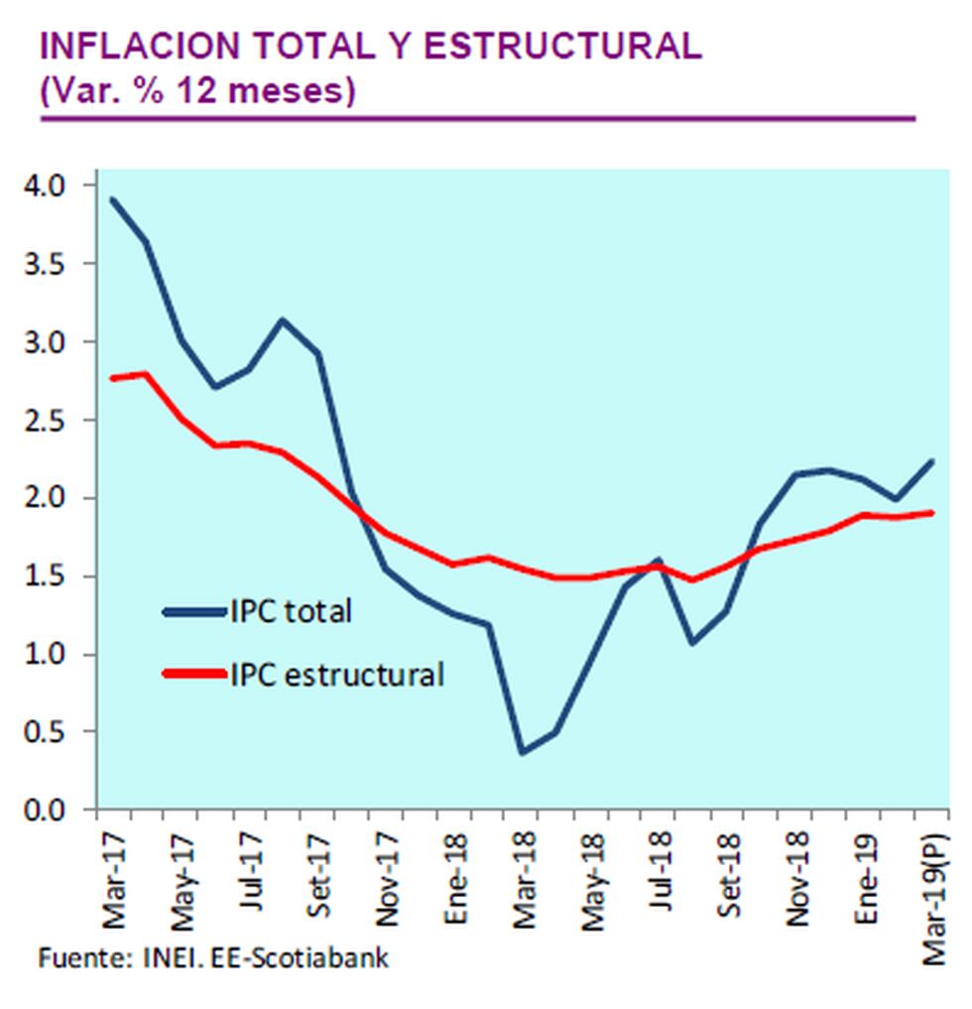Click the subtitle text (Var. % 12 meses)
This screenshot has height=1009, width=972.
[x=197, y=90]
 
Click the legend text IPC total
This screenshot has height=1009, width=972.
[x=291, y=611]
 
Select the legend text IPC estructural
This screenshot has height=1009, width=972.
[x=336, y=676]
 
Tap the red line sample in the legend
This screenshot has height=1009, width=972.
[x=193, y=675]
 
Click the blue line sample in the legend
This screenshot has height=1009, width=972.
[x=193, y=611]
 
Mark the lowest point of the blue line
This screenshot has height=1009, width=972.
[x=522, y=753]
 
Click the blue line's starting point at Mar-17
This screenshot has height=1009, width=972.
[x=113, y=199]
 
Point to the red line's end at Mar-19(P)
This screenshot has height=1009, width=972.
[x=932, y=513]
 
